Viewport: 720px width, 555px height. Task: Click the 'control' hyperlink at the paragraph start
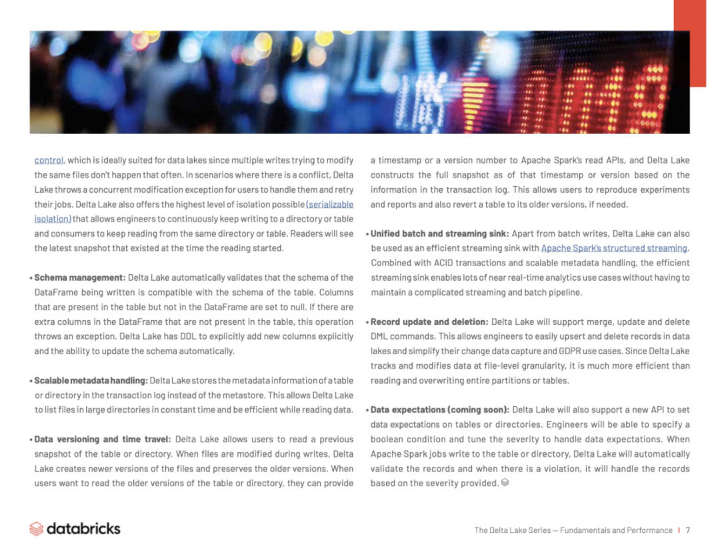pyautogui.click(x=49, y=160)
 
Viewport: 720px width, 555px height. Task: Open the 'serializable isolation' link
pyautogui.click(x=330, y=204)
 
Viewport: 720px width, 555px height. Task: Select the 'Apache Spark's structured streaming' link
pyautogui.click(x=613, y=248)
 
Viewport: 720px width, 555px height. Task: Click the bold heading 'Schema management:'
pyautogui.click(x=79, y=277)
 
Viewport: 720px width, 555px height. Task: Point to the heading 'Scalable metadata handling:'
pyautogui.click(x=91, y=380)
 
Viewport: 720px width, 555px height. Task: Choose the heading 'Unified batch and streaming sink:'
pyautogui.click(x=439, y=233)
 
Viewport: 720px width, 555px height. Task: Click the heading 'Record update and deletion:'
pyautogui.click(x=429, y=322)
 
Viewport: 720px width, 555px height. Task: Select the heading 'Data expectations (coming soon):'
pyautogui.click(x=439, y=410)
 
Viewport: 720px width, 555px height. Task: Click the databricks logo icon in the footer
pyautogui.click(x=36, y=529)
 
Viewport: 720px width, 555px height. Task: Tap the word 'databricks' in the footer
pyautogui.click(x=83, y=528)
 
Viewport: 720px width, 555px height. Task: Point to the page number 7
pyautogui.click(x=687, y=530)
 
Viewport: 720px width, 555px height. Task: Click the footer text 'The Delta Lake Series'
pyautogui.click(x=512, y=530)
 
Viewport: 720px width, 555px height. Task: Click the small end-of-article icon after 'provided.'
pyautogui.click(x=505, y=482)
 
